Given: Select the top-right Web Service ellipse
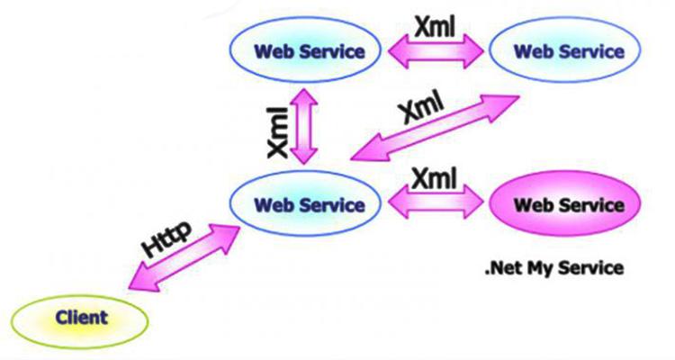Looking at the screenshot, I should tap(568, 50).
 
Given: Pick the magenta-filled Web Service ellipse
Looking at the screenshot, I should tap(568, 205).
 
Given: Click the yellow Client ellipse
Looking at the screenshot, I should tap(81, 317).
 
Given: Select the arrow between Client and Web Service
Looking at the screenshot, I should tap(184, 256).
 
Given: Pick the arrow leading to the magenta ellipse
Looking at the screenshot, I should tap(438, 201).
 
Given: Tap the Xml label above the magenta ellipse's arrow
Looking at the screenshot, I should tap(437, 176).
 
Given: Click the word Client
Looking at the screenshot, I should tap(81, 317).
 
